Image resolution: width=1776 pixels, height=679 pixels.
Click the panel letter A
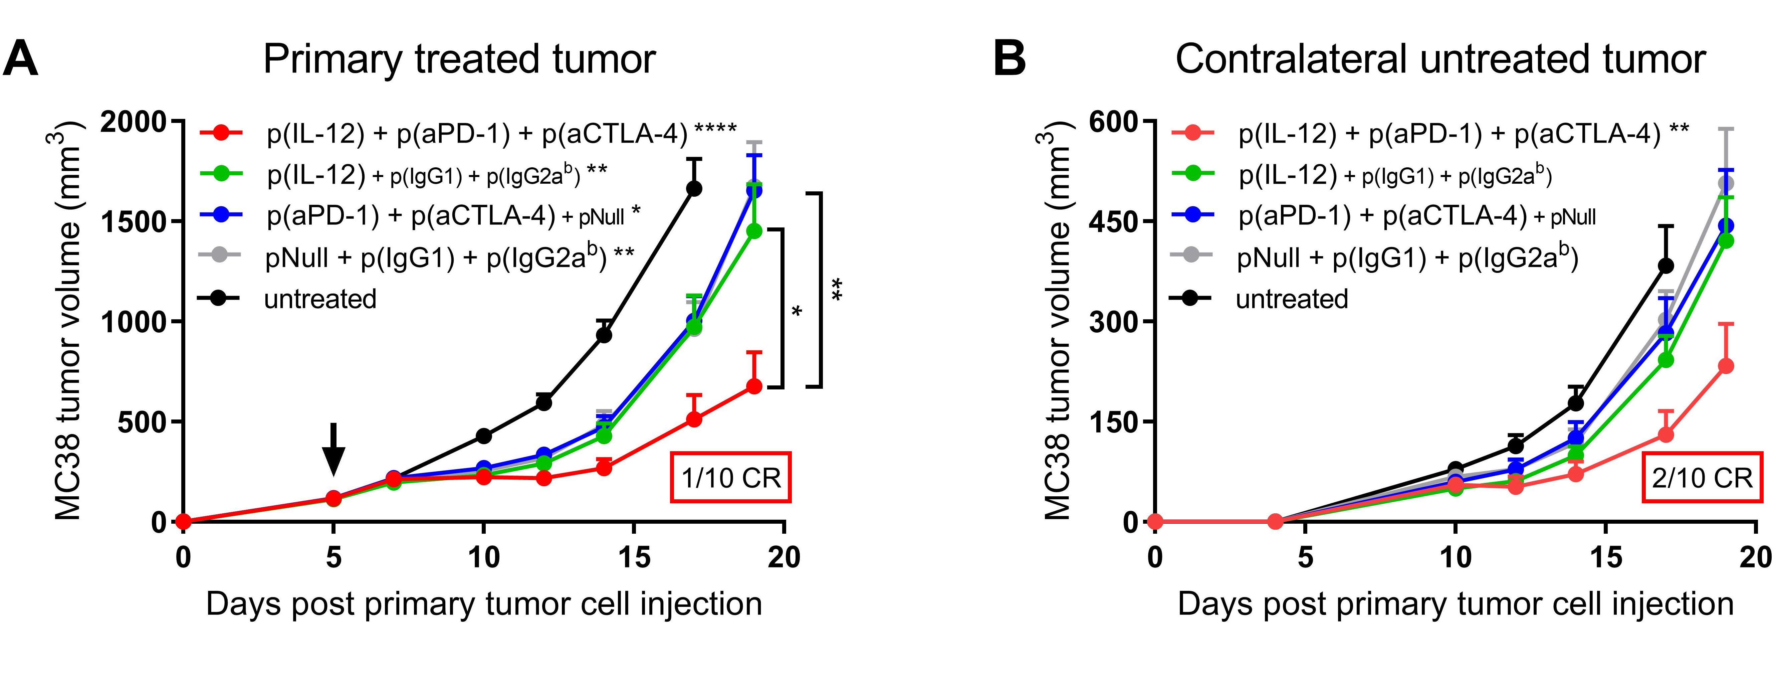(x=21, y=59)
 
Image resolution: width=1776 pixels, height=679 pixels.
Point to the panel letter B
(x=1009, y=59)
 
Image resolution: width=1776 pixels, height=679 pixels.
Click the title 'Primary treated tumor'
(x=459, y=59)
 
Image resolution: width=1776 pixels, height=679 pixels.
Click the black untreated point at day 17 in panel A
(x=694, y=188)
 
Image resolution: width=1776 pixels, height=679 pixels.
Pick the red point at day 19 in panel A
(x=754, y=386)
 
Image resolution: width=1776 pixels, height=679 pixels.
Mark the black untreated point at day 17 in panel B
(x=1666, y=266)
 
